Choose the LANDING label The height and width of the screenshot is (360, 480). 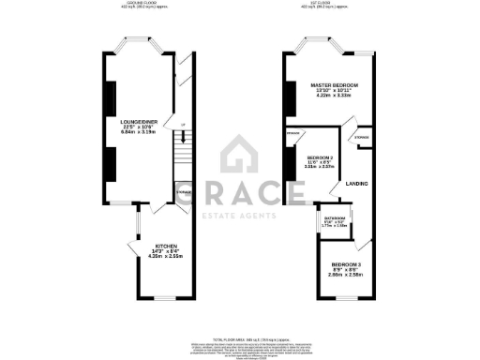(x=355, y=184)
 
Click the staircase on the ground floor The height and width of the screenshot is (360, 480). (x=184, y=150)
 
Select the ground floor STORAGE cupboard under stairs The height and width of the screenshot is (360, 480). (x=183, y=194)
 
